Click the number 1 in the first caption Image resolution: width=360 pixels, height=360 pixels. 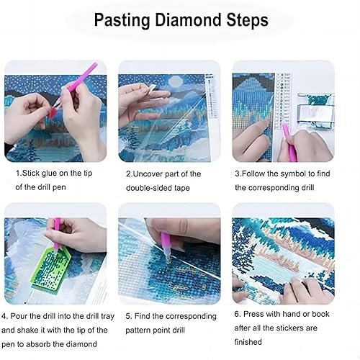[18, 174]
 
